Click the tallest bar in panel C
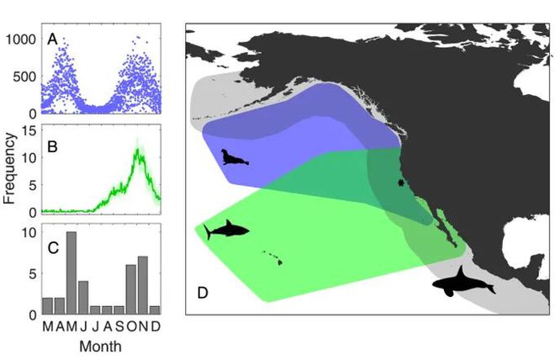(x=71, y=273)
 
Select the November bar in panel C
(x=142, y=285)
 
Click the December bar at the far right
(x=154, y=310)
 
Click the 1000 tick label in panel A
(x=22, y=38)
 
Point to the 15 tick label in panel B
(x=28, y=130)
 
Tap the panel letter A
(x=52, y=38)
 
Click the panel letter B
(x=52, y=144)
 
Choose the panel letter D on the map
(x=203, y=294)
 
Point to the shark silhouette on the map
(x=225, y=229)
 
